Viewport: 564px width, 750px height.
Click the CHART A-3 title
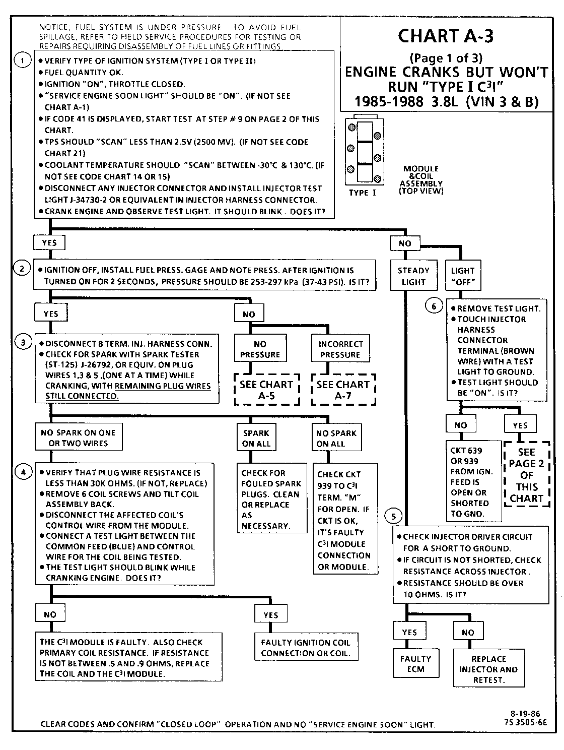click(x=445, y=36)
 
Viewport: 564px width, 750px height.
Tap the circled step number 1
click(x=22, y=60)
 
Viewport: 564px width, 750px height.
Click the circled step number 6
click(x=434, y=306)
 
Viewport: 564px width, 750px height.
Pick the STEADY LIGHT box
click(x=413, y=276)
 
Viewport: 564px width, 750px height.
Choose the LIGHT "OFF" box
click(x=463, y=276)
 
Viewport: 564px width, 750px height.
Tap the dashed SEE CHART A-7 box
click(x=343, y=390)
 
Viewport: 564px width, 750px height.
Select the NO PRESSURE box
click(x=260, y=349)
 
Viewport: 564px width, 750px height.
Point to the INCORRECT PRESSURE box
click(x=340, y=349)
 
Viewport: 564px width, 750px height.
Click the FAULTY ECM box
click(x=415, y=664)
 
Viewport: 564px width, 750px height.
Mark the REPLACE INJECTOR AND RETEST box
click(x=488, y=669)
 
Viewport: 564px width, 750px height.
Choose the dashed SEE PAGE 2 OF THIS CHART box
click(x=526, y=475)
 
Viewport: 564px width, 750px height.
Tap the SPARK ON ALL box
click(x=256, y=438)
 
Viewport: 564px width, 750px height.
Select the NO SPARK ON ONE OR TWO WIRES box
click(x=78, y=437)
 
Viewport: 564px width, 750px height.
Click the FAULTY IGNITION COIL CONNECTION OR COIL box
click(x=306, y=647)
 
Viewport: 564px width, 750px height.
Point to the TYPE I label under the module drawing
click(x=363, y=193)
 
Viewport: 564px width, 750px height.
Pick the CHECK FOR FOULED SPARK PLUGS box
click(x=272, y=498)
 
